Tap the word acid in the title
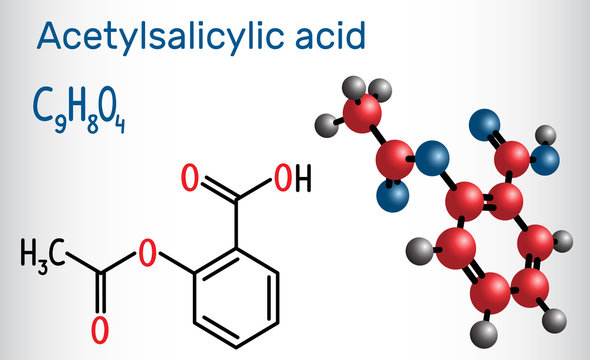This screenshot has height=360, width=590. [x=337, y=37]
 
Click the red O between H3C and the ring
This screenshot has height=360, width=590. [x=148, y=256]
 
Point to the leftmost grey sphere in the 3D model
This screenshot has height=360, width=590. [x=324, y=125]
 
